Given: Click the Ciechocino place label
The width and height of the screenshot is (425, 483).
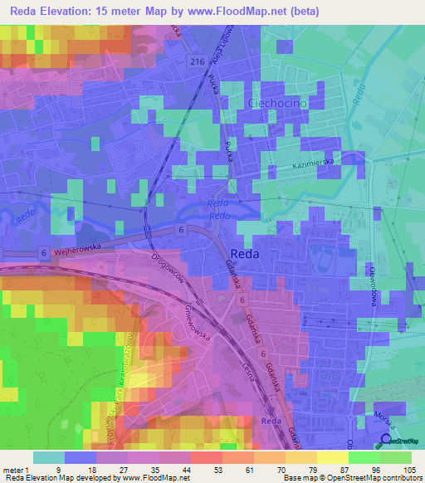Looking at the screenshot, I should pyautogui.click(x=278, y=102).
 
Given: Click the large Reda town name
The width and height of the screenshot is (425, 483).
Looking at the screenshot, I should pyautogui.click(x=249, y=256).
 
